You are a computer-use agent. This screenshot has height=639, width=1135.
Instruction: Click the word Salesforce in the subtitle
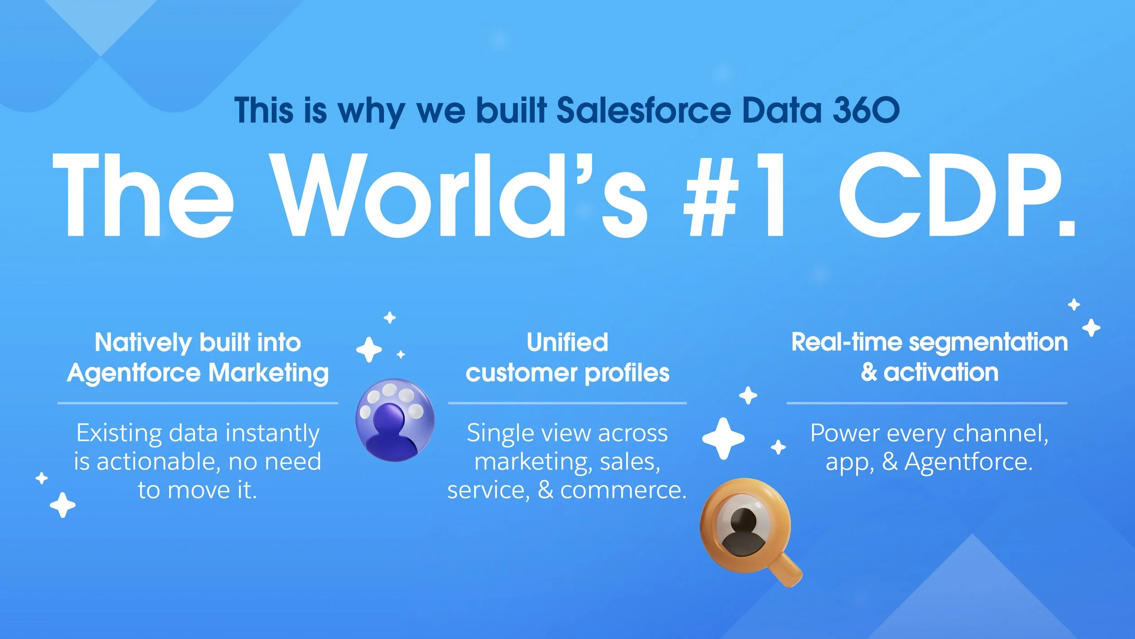point(643,110)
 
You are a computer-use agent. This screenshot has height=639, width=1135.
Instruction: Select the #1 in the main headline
point(735,195)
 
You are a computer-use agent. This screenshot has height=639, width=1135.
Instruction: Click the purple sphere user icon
point(395,420)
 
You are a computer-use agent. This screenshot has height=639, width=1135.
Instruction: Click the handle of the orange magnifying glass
point(788,573)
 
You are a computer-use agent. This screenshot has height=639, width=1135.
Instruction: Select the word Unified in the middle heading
point(567,342)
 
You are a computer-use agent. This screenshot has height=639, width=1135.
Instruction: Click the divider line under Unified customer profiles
point(567,403)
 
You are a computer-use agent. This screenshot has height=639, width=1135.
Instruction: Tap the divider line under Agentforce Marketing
point(197,403)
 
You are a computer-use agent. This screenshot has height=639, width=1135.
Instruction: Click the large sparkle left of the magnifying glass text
point(723,438)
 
